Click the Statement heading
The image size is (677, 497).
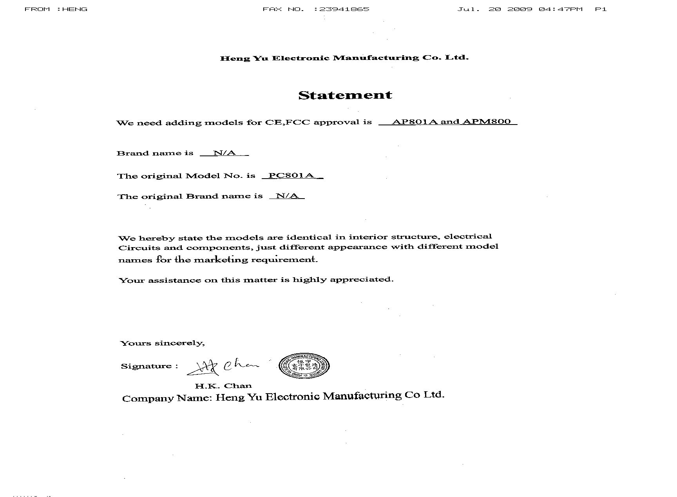click(345, 95)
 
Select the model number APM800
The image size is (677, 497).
click(487, 121)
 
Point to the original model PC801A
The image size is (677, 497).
click(291, 175)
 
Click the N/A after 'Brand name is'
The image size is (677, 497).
click(224, 153)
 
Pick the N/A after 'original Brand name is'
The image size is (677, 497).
click(287, 196)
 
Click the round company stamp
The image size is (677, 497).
click(304, 366)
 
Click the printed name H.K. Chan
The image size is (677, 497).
click(223, 386)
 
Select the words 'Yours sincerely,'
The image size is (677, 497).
click(162, 343)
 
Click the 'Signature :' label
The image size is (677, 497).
click(149, 366)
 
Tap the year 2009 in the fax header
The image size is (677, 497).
click(520, 9)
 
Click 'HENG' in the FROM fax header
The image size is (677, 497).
click(74, 9)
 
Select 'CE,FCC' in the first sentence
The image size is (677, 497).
click(288, 122)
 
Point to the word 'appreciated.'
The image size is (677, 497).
click(362, 280)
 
